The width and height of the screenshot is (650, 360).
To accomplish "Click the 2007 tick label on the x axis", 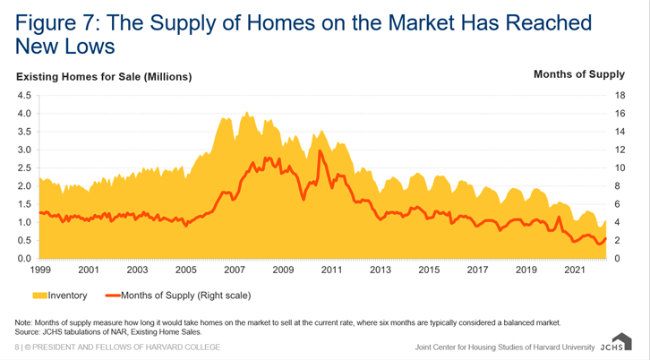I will (235, 270).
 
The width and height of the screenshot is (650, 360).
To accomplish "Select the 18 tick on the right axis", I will (620, 95).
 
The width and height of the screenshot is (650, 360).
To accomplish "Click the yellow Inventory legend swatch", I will (40, 294).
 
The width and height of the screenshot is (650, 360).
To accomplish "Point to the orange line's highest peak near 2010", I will (320, 151).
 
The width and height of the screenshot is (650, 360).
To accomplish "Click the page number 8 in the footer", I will (16, 347).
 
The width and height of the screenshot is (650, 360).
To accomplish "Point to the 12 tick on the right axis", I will (620, 150).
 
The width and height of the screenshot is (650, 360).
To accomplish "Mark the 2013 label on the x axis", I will (381, 270).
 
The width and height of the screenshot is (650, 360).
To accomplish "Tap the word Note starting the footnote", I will (23, 321).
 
